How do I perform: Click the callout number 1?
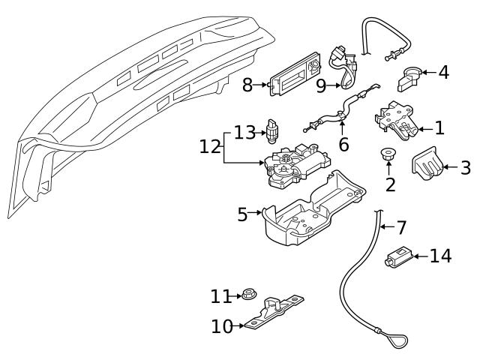point(439,128)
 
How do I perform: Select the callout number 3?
point(465,168)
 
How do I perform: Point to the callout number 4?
point(444,73)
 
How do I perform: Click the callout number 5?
point(242,214)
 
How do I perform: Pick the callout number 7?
point(401,226)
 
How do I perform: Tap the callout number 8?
point(247,85)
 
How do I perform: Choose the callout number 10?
point(223,326)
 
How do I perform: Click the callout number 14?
point(441,256)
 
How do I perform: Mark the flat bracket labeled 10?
point(274,313)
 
